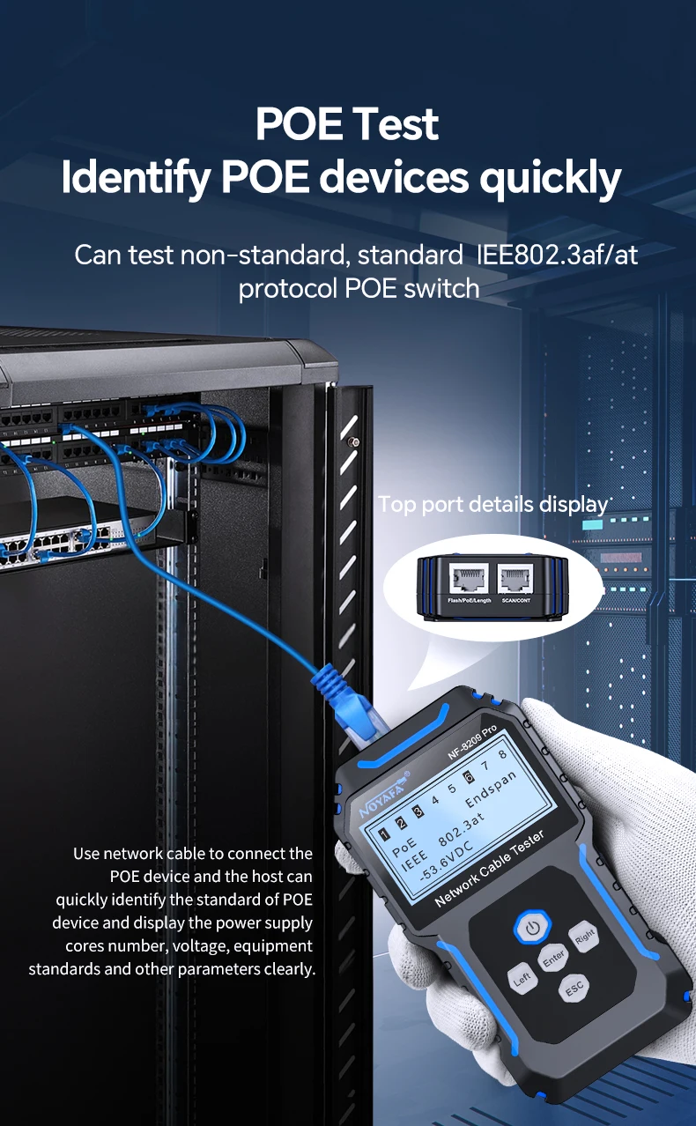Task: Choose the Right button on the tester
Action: [585, 936]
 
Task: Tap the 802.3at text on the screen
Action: [461, 825]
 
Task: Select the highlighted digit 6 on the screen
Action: [469, 776]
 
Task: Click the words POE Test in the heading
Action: [347, 123]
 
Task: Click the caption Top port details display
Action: [493, 505]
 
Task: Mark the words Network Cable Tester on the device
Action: [489, 869]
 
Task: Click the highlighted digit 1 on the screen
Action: [384, 833]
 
